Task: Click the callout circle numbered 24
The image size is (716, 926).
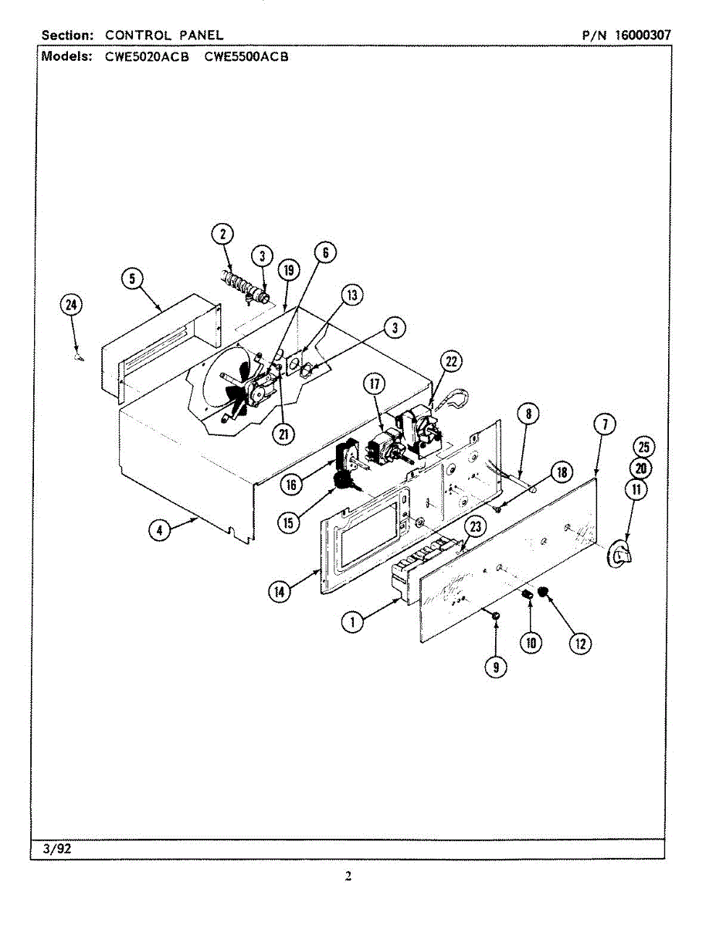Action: (71, 306)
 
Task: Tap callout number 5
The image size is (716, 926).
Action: (132, 279)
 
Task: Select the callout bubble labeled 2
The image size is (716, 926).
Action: (222, 234)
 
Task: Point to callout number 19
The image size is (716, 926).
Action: (289, 270)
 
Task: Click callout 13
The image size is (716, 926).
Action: (352, 294)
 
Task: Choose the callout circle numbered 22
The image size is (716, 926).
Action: (451, 361)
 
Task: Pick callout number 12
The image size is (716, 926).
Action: (580, 643)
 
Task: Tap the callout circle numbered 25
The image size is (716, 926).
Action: (643, 446)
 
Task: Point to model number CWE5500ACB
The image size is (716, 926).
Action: (246, 56)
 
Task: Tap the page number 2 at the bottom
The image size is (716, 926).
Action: (348, 876)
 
